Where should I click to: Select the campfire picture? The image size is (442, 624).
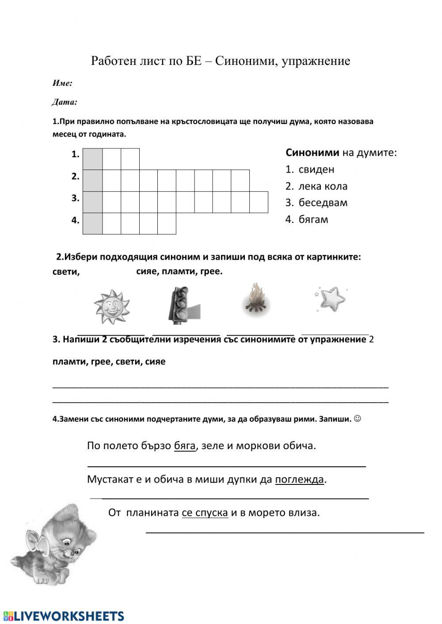point(256,300)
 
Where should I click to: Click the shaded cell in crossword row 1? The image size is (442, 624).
point(93,159)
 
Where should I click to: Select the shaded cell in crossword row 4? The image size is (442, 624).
point(93,223)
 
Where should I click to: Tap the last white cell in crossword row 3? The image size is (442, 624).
point(259,202)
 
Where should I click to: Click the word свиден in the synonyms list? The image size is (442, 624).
point(316,170)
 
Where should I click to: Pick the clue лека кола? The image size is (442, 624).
point(323,186)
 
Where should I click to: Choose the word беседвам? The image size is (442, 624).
point(323,203)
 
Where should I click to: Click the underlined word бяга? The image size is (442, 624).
point(185,446)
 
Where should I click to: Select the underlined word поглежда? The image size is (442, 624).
point(299,479)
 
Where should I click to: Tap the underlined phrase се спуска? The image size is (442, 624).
point(205,513)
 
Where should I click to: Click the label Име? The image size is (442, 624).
point(62,83)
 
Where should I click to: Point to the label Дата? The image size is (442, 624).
point(65,102)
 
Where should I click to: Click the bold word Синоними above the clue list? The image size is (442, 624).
point(312,153)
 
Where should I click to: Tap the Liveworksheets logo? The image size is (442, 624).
point(64,616)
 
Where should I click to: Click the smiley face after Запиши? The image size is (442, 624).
point(358,418)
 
